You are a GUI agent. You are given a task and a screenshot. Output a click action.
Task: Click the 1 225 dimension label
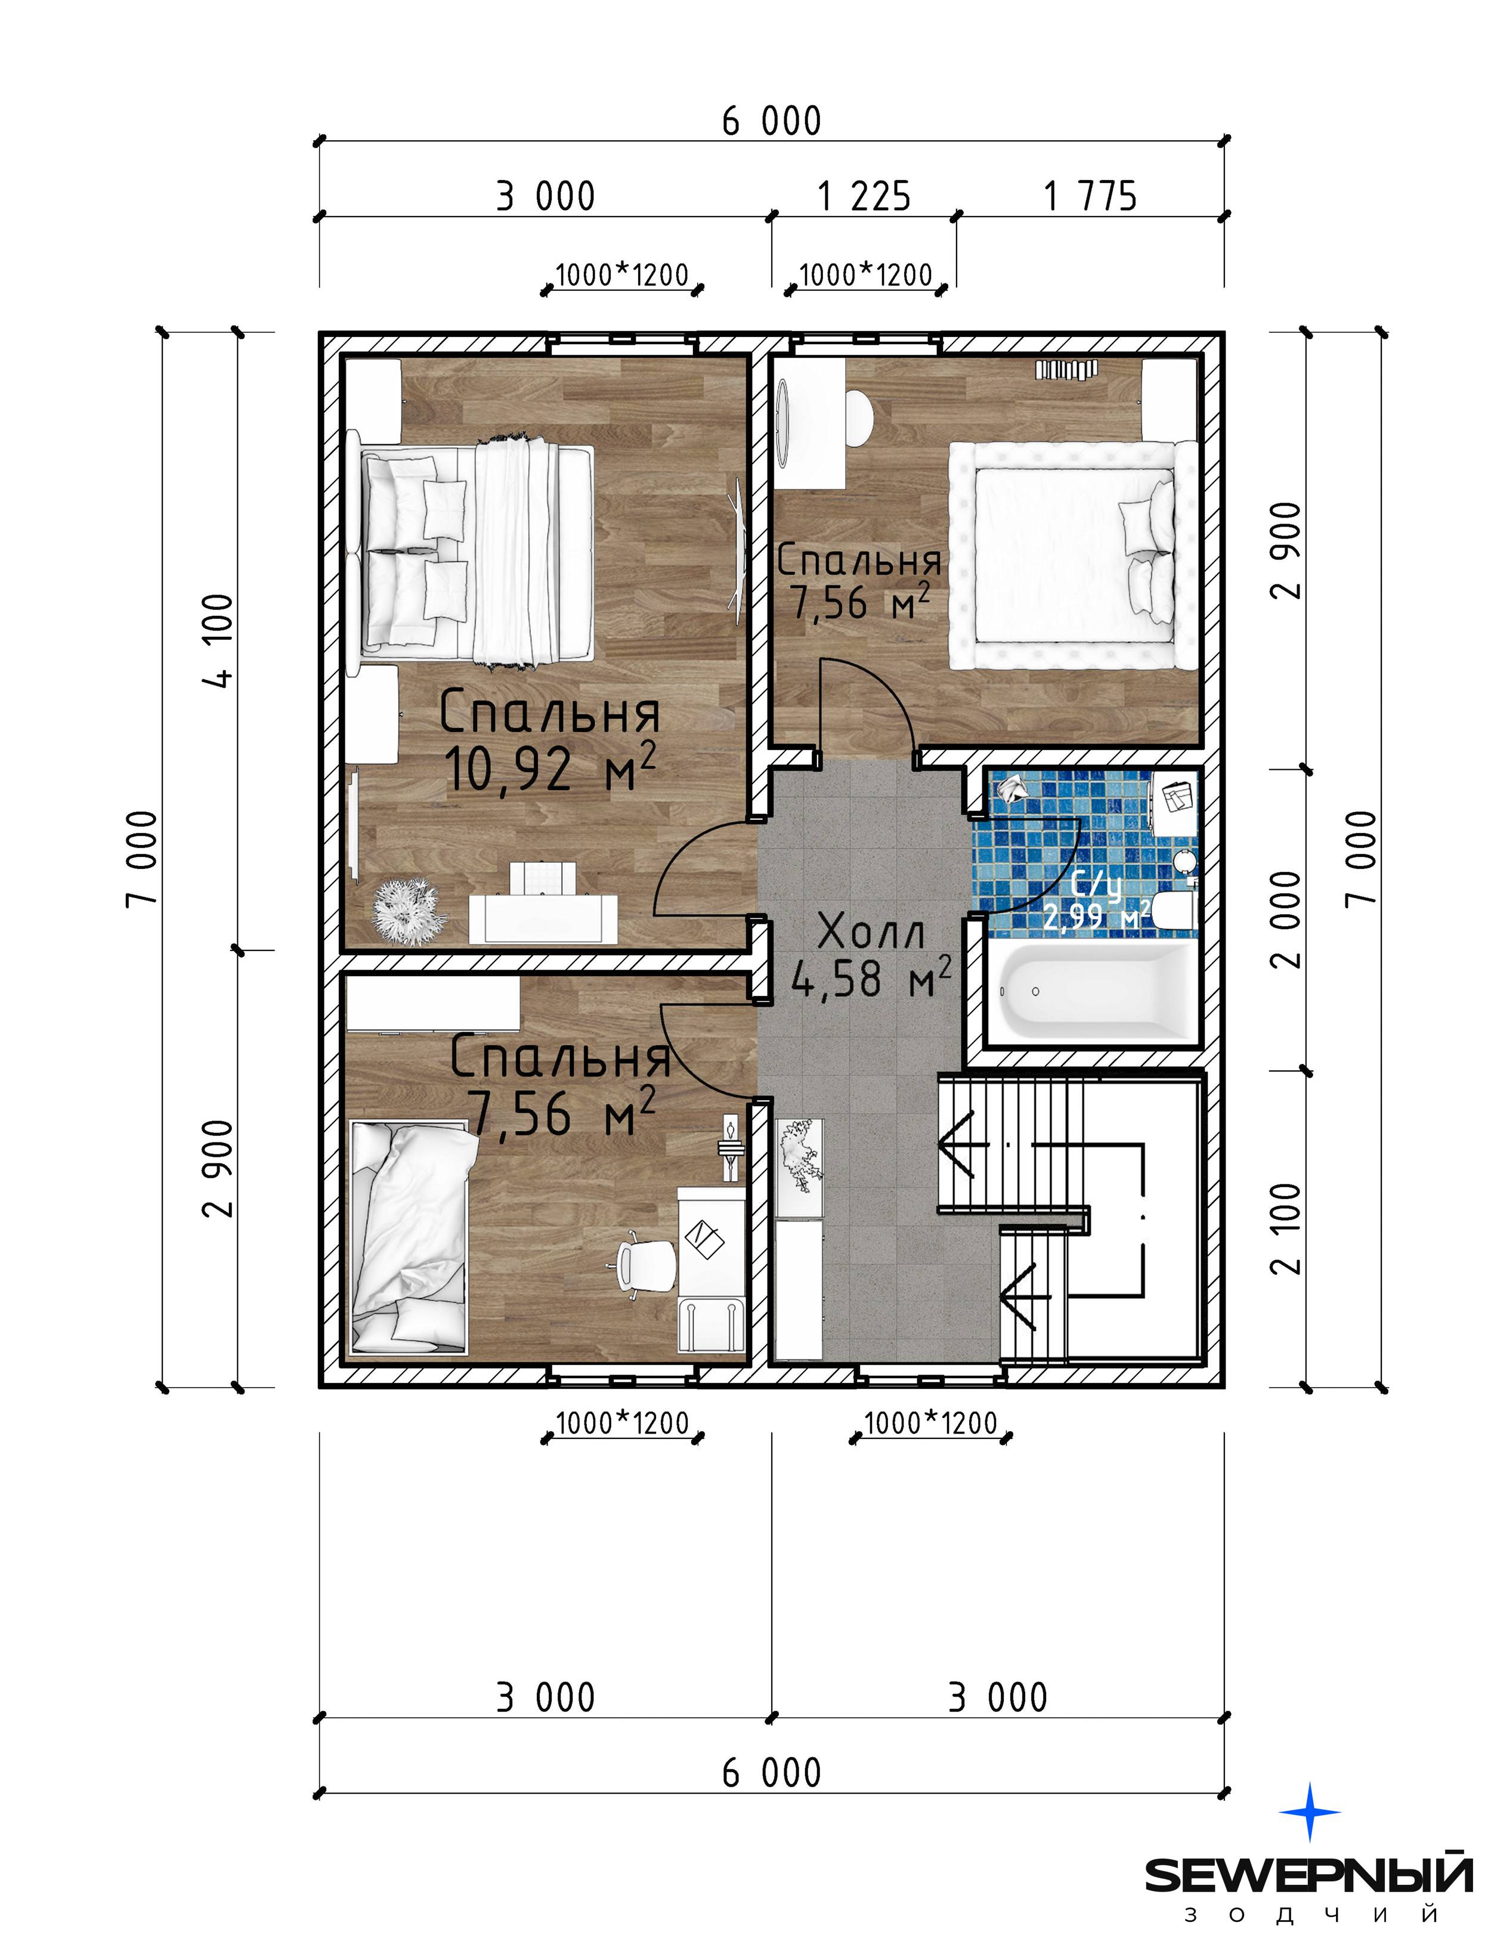tap(864, 196)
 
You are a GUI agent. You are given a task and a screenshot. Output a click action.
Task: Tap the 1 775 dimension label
tap(1090, 196)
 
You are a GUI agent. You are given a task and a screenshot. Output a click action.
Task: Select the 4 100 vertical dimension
tap(218, 640)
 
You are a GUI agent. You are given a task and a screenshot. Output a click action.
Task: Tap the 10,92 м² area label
tap(550, 769)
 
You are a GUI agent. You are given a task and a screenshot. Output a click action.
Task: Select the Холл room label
tap(871, 931)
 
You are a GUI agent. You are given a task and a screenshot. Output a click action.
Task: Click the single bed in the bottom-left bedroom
tap(409, 1238)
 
